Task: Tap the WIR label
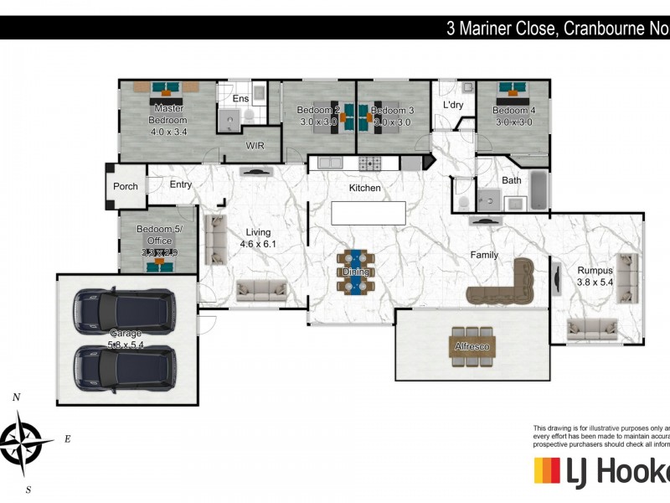coord(255,145)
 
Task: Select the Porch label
coord(126,187)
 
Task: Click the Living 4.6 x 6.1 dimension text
coord(258,244)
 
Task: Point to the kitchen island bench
coord(369,213)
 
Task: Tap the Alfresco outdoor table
coord(473,345)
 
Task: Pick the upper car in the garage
coord(123,309)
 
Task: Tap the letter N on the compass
coord(16,397)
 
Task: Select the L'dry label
coord(453,105)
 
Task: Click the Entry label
coord(180,184)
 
